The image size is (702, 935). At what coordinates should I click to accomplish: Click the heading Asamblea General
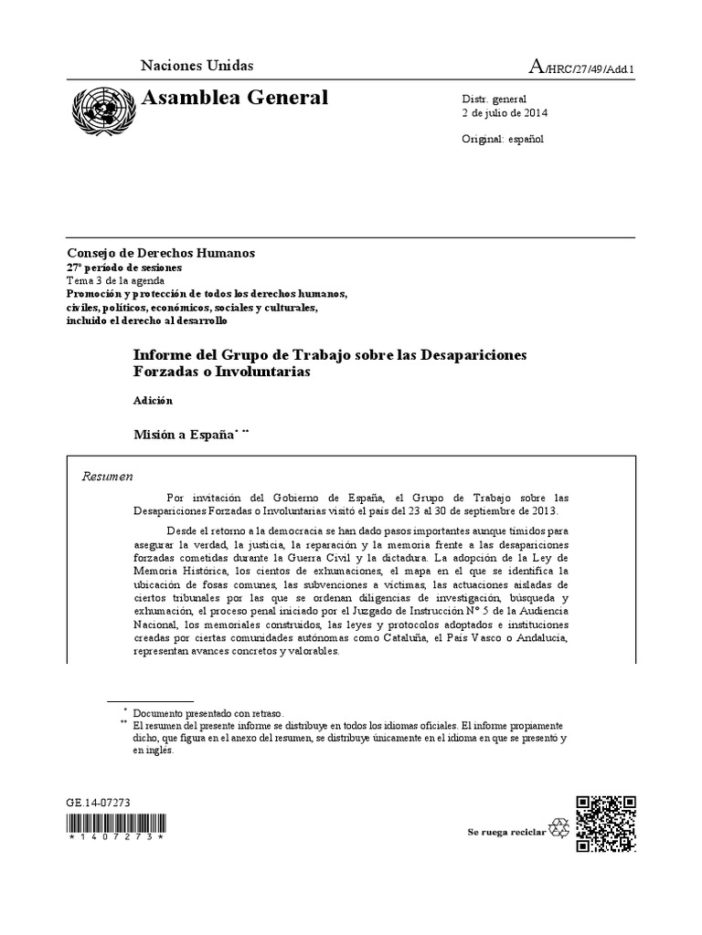(231, 98)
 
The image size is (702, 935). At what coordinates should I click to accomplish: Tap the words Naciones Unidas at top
(197, 66)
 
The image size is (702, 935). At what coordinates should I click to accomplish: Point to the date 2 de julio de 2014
(506, 114)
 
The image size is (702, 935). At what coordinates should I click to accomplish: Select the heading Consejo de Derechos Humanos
(161, 253)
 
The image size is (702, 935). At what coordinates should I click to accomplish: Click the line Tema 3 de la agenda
(116, 280)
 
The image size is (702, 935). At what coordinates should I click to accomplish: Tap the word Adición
(153, 400)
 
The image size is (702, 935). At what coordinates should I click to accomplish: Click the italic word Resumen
(108, 476)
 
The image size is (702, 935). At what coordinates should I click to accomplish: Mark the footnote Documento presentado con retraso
(208, 712)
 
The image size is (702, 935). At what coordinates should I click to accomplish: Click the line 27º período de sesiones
(123, 268)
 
